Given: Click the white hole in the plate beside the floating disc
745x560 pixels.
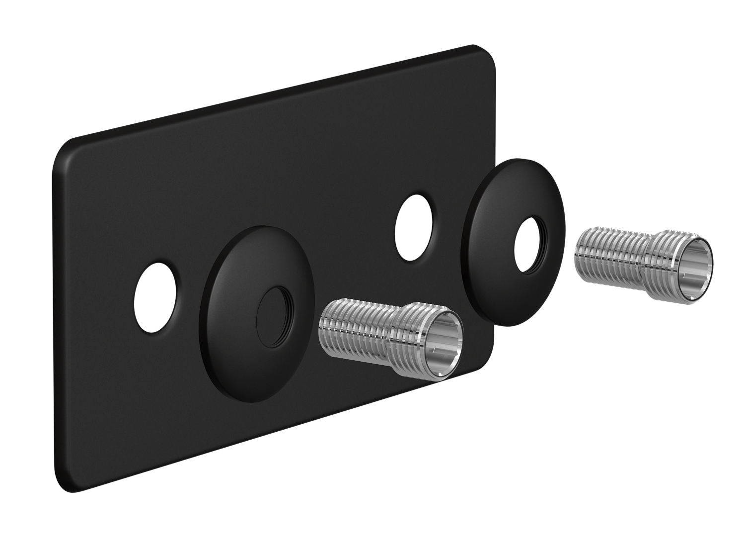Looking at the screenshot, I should point(413,227).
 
